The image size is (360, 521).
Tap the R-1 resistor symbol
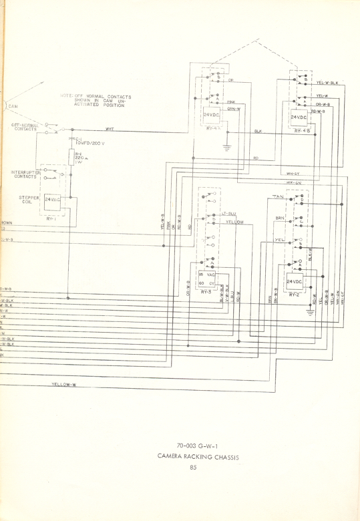pyautogui.click(x=70, y=158)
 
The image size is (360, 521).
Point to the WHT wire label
pyautogui.click(x=110, y=129)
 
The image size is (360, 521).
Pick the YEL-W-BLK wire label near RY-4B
pyautogui.click(x=327, y=83)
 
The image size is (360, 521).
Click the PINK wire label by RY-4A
pyautogui.click(x=231, y=102)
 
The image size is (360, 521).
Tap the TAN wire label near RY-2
pyautogui.click(x=278, y=197)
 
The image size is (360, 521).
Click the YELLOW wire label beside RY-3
pyautogui.click(x=234, y=221)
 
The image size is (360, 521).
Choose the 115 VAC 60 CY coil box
pyautogui.click(x=206, y=279)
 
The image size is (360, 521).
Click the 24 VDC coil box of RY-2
pyautogui.click(x=296, y=283)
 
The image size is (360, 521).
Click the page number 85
pyautogui.click(x=192, y=467)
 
